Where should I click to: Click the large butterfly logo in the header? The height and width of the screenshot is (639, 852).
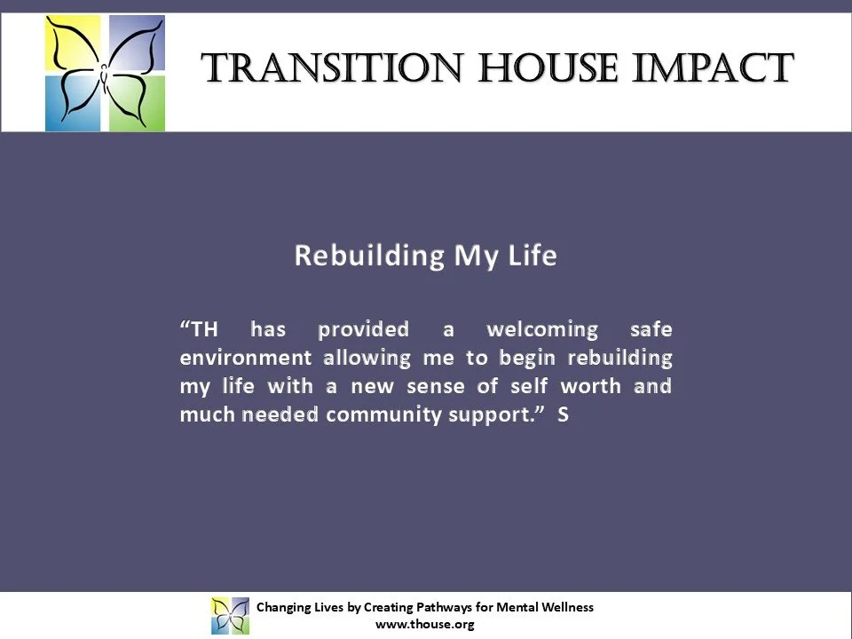tap(106, 73)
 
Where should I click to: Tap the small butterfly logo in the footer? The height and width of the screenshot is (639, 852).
tap(230, 615)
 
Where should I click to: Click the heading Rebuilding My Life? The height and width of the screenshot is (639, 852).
tap(425, 256)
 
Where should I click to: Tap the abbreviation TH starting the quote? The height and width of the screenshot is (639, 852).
tap(201, 330)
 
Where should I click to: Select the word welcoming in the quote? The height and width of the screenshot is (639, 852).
tap(542, 330)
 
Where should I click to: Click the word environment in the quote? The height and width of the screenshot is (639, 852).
tap(245, 359)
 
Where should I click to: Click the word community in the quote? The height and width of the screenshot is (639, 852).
tap(378, 415)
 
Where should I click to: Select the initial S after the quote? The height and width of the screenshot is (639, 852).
tap(563, 415)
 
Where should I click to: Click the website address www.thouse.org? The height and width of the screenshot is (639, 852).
tap(425, 624)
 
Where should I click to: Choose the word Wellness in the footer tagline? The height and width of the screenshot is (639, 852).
tap(565, 607)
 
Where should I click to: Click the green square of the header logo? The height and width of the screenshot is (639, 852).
tap(138, 104)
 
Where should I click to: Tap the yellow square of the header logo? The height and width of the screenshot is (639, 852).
tap(75, 43)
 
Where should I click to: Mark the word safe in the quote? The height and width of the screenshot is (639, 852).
tap(650, 330)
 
